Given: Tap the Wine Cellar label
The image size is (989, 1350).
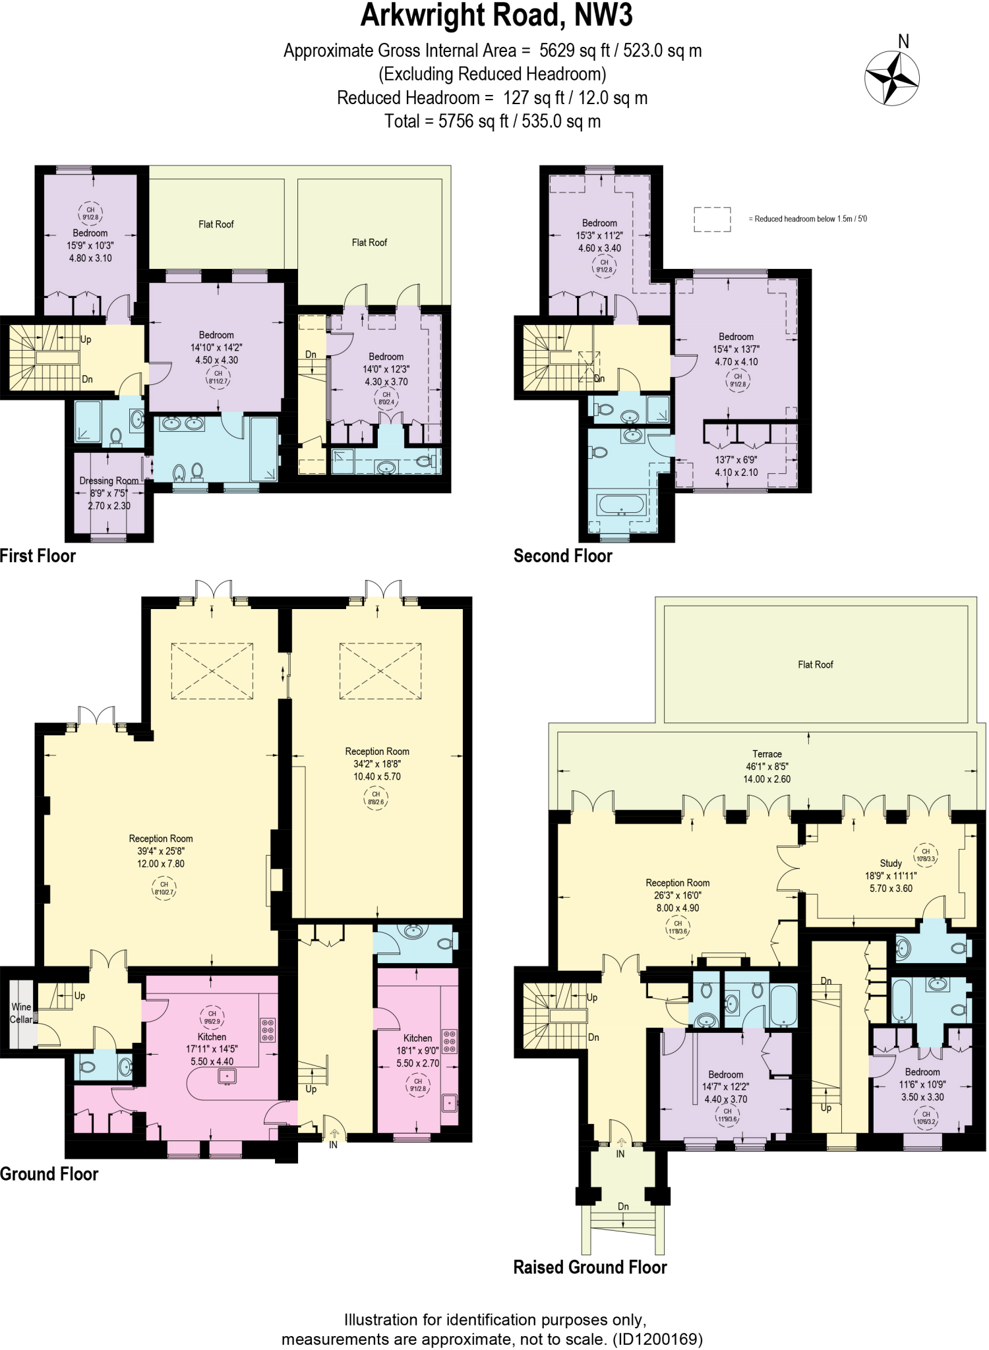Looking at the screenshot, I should [20, 1013].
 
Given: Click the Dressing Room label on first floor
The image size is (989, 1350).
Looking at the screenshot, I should [109, 481].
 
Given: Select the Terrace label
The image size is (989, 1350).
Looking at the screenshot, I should [767, 754].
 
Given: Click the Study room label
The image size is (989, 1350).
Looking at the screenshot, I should [891, 863].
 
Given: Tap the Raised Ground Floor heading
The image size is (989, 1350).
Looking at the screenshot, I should [590, 1267].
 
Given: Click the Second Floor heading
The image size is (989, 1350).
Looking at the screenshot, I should [562, 556].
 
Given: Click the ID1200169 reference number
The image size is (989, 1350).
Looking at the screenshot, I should [657, 1339].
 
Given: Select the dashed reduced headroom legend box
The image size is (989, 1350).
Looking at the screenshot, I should [712, 220].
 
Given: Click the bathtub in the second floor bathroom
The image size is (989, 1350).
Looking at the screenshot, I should [621, 505].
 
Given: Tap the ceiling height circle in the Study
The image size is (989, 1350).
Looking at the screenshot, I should [926, 855].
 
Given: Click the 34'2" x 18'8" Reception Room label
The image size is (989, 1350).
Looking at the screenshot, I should [377, 763].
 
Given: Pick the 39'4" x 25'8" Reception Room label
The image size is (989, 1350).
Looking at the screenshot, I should [161, 851].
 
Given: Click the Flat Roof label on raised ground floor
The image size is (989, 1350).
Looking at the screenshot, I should [816, 664].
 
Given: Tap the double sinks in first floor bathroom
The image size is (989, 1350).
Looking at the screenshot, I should [183, 423].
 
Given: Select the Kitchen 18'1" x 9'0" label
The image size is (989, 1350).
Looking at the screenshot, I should [417, 1051].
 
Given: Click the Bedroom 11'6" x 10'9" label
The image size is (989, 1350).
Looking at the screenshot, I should [922, 1084].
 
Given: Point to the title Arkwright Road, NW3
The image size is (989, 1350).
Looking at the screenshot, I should [496, 16].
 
